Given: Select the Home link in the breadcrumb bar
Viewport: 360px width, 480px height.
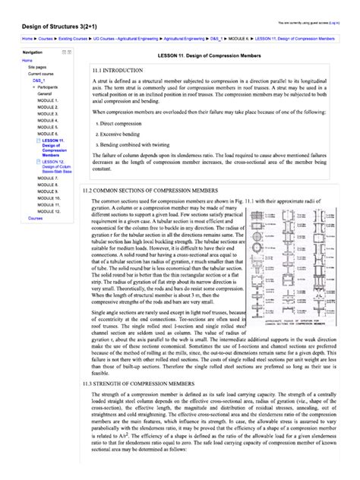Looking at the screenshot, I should click(27, 37).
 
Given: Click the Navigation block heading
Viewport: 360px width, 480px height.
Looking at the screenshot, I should click(33, 52).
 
